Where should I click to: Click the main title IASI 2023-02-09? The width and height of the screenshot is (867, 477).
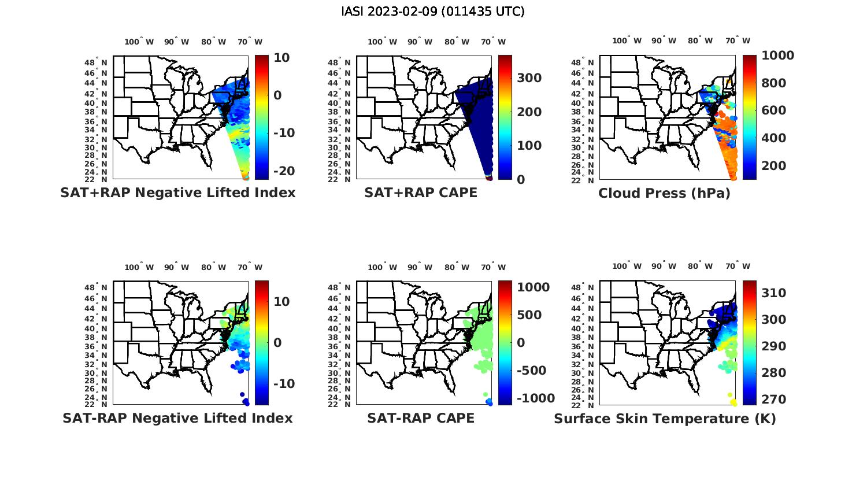[433, 12]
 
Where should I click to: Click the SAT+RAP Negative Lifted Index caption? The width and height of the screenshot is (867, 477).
[177, 193]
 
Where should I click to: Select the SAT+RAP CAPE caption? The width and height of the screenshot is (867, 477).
[421, 193]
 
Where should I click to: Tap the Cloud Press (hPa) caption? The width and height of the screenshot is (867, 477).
[664, 193]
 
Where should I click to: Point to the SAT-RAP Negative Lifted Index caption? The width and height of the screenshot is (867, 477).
[177, 418]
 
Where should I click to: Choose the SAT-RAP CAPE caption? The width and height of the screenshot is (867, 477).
[421, 418]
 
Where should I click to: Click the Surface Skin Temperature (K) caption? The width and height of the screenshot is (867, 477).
[665, 418]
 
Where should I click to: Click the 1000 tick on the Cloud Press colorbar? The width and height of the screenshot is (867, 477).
[777, 56]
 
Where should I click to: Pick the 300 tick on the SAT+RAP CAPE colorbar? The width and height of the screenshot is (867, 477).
[529, 78]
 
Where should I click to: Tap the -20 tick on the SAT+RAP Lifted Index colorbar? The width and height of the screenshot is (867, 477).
[281, 171]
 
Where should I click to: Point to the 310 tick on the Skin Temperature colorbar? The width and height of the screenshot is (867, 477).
[774, 293]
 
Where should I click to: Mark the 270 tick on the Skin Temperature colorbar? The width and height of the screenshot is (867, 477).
[774, 400]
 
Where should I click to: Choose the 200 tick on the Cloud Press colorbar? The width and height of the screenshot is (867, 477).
[774, 166]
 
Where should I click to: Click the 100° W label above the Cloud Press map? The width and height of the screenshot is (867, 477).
[627, 41]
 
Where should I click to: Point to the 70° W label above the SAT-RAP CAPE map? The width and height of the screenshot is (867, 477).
[493, 267]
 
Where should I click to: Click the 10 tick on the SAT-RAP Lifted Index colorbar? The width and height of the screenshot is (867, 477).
[281, 302]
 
